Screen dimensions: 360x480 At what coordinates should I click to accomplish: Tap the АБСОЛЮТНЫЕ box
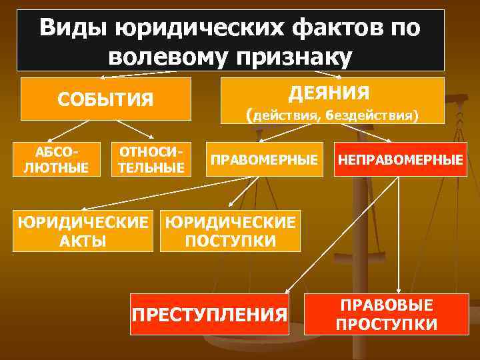pos(56,159)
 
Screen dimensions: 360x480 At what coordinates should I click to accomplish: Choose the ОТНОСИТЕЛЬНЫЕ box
pos(151,159)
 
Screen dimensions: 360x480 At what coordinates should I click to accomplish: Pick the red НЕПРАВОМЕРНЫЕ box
pos(400,160)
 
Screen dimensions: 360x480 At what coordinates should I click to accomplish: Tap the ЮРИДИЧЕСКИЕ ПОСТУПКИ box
pos(230,231)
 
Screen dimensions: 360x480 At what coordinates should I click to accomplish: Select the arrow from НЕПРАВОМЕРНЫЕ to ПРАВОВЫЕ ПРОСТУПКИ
pos(399,233)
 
